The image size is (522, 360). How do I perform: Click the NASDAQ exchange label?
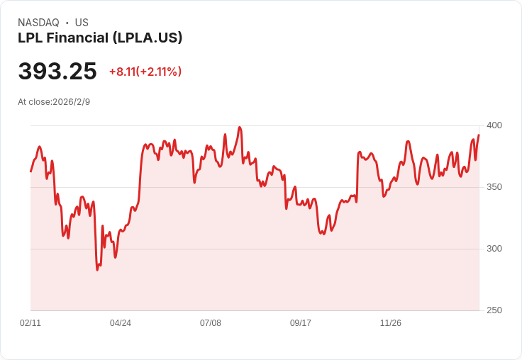tap(38, 23)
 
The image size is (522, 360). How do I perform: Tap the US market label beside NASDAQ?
tap(82, 23)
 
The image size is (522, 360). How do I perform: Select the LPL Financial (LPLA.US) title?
tap(100, 38)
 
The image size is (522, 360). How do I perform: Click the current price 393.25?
tap(57, 71)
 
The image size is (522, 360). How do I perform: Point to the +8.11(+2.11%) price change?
tap(145, 72)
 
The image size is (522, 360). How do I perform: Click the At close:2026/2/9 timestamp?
tap(54, 102)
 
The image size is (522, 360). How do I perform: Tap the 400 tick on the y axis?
tap(494, 125)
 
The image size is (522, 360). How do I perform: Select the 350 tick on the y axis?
tap(494, 187)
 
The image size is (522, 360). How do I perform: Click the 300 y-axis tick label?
tap(494, 249)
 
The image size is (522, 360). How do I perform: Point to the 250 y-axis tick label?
tap(494, 310)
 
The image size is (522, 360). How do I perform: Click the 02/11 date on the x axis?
tap(30, 323)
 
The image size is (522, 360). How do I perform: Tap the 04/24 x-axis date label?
tap(121, 323)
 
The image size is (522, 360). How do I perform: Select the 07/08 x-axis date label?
tap(211, 323)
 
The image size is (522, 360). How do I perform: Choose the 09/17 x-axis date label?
tap(301, 323)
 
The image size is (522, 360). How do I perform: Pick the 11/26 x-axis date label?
tap(391, 323)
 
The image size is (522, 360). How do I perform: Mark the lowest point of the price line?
tap(97, 270)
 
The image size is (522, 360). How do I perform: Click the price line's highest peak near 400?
tap(240, 128)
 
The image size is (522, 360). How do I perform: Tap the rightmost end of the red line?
tap(479, 135)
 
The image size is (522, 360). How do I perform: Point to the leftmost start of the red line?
tap(30, 171)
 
